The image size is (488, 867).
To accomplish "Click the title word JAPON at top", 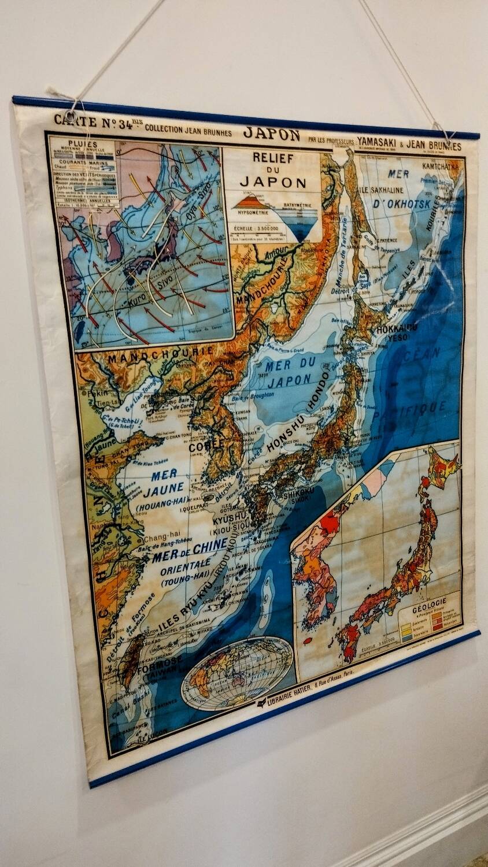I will tap(271, 134).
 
